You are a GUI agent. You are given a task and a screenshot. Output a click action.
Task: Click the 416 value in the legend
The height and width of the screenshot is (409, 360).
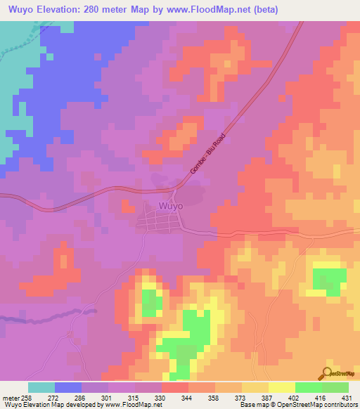pos(322,397)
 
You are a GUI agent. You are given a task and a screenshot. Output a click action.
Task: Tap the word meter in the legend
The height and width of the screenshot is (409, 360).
pos(10,397)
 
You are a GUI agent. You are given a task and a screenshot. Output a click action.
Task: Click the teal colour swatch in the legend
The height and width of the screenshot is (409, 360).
pos(41,387)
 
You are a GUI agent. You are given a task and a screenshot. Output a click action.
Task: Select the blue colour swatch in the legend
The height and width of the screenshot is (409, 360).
pos(68,387)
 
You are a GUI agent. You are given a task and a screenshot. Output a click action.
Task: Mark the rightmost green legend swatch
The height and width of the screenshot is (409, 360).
pos(335,387)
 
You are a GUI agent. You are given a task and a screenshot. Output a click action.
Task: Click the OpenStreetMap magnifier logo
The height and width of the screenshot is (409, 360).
pos(328,373)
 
